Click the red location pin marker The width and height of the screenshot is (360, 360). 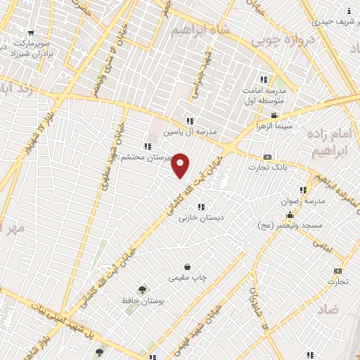(x=181, y=165)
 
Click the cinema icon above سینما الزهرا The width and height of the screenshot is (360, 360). (x=275, y=116)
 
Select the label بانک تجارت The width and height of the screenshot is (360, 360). (x=266, y=167)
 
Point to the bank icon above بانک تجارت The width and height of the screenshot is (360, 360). (x=266, y=157)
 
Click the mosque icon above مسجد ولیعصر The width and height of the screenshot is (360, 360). (x=290, y=214)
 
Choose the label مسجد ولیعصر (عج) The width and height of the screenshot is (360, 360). (x=300, y=225)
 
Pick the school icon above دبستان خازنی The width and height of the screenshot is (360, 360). (x=202, y=207)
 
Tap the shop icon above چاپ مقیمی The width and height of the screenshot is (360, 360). (x=188, y=266)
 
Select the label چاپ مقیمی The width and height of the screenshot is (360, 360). (x=188, y=278)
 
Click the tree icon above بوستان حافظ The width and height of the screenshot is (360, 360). (x=143, y=289)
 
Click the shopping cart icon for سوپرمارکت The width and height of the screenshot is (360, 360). (x=31, y=32)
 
